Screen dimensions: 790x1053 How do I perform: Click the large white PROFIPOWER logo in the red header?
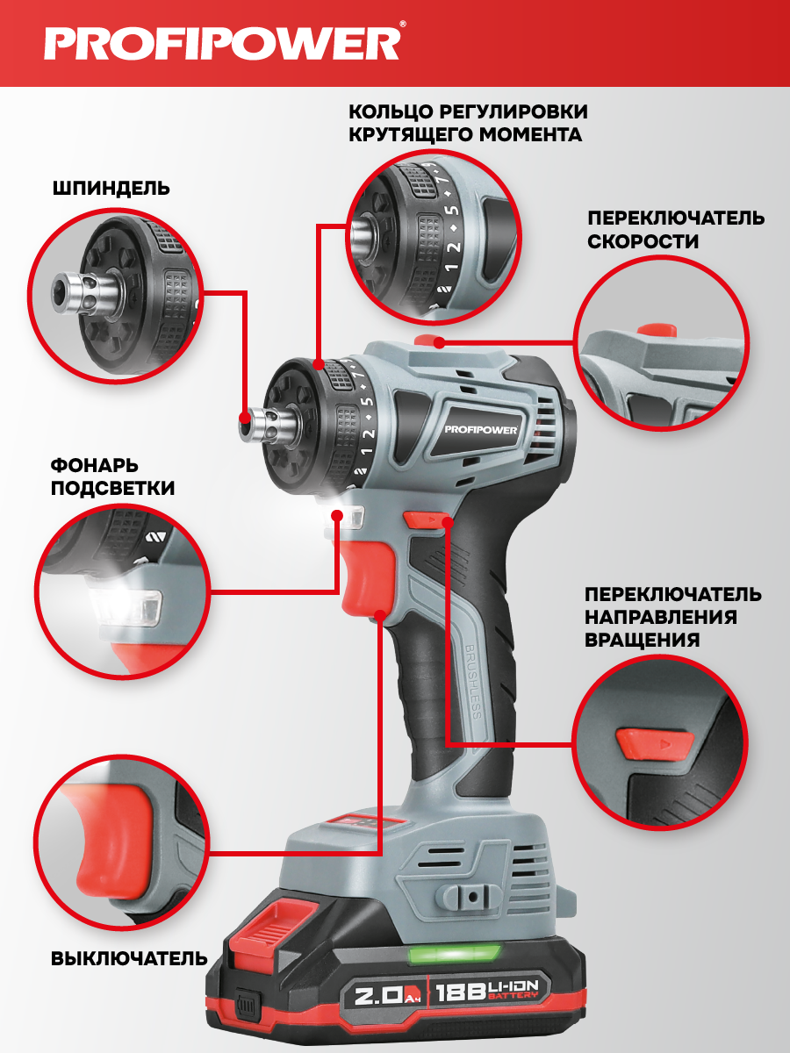222,43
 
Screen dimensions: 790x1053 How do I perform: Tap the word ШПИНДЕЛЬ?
111,189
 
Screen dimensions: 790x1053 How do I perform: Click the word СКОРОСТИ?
643,241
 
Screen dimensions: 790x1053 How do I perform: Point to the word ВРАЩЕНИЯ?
642,640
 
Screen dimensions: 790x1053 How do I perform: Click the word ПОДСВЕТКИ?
112,489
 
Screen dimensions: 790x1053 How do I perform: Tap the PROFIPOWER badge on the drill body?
481,429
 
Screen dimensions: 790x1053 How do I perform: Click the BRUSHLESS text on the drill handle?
472,681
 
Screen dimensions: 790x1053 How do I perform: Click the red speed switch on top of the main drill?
430,340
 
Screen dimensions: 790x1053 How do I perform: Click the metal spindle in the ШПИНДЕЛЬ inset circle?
83,293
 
